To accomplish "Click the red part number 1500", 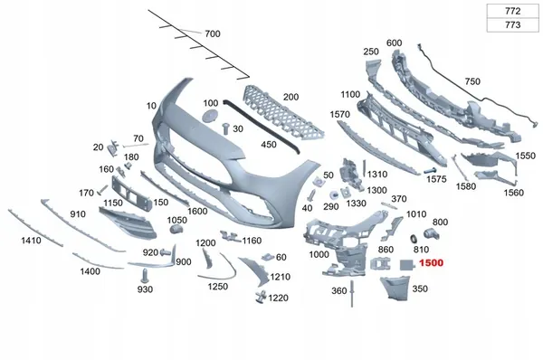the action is pyautogui.click(x=431, y=262).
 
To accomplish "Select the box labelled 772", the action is pyautogui.click(x=512, y=11).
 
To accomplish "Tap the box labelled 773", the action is pyautogui.click(x=512, y=25).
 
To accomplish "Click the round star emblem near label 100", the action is pyautogui.click(x=210, y=116).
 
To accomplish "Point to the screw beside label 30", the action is pyautogui.click(x=226, y=128).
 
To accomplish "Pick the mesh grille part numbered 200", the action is pyautogui.click(x=282, y=113).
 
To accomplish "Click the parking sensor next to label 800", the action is pyautogui.click(x=432, y=233).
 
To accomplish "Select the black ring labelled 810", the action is pyautogui.click(x=414, y=239).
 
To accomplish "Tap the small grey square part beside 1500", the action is pyautogui.click(x=406, y=265).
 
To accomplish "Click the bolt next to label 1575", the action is pyautogui.click(x=430, y=171).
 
